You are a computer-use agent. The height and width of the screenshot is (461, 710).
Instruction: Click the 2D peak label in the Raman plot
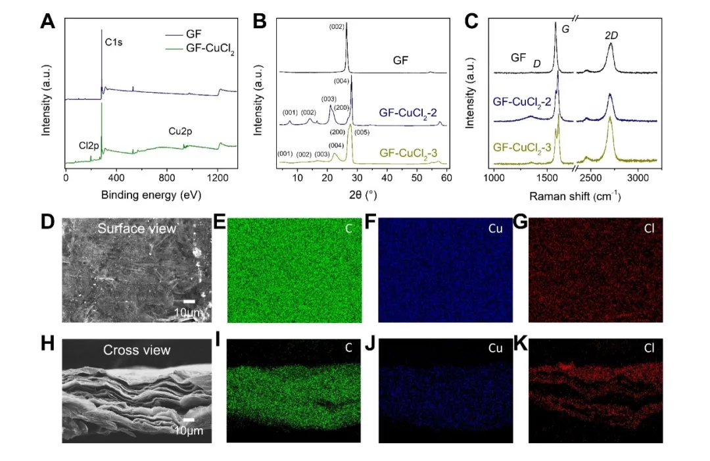tap(611, 36)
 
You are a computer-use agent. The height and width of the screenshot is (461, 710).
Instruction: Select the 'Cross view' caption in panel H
tap(136, 350)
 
